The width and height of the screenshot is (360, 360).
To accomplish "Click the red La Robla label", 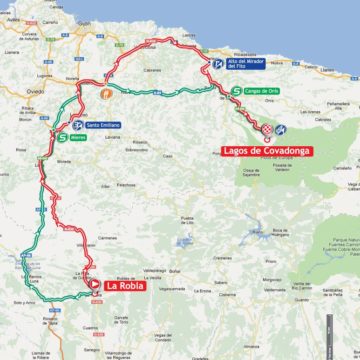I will [125, 287].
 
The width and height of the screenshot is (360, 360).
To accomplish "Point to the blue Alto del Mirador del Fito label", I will [245, 65].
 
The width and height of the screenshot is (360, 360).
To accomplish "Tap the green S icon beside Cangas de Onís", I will [234, 91].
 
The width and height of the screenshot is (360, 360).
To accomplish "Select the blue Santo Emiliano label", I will [104, 125].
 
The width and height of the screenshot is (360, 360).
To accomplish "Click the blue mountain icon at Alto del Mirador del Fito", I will [218, 63].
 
